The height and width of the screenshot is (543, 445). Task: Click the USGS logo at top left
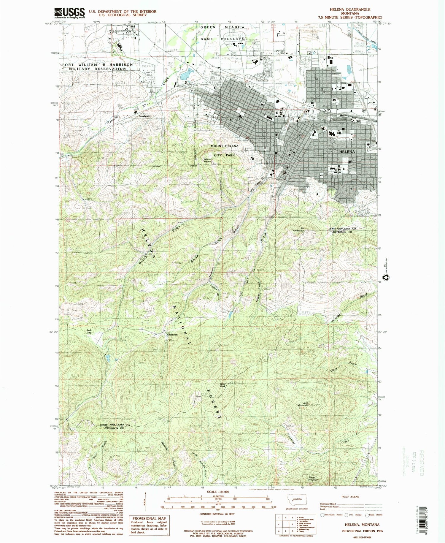(x=69, y=13)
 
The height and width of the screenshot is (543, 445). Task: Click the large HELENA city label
(x=347, y=151)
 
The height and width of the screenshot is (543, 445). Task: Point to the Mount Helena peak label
(x=208, y=161)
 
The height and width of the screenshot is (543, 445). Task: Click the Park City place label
(x=89, y=331)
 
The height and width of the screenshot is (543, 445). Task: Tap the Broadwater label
(x=145, y=116)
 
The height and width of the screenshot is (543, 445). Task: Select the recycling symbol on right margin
(x=387, y=277)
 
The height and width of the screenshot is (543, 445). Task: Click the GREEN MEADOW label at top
(x=223, y=27)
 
